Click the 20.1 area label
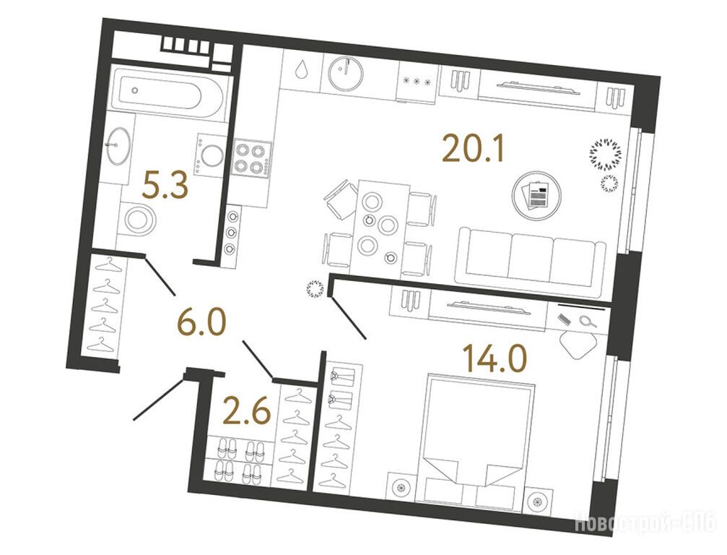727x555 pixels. click(473, 147)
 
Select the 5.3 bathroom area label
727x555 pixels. click(165, 185)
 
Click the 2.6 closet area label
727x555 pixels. click(246, 410)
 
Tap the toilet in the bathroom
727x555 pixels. click(137, 220)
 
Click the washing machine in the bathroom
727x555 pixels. click(212, 154)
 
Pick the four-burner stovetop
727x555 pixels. click(251, 158)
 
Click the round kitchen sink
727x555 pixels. click(346, 73)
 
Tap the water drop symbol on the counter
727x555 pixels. click(302, 69)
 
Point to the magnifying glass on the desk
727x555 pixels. click(588, 321)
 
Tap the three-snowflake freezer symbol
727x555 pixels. click(417, 81)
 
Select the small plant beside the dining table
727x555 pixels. click(315, 289)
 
